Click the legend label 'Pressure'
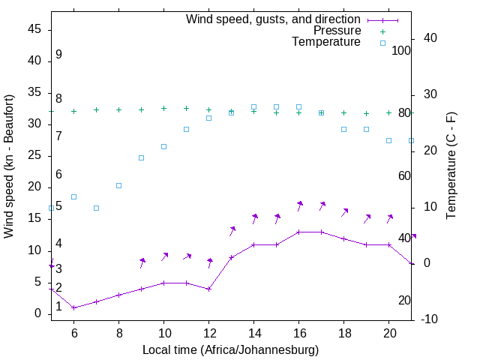point(337,31)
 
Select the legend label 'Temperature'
point(326,42)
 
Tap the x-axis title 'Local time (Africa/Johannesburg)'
point(231,349)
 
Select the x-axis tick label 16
point(298,332)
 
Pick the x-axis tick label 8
point(118,332)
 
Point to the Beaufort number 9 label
point(58,55)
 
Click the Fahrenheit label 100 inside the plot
point(402,51)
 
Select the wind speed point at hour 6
point(73,307)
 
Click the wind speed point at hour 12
point(209,289)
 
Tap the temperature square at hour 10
point(163,146)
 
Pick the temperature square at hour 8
point(118,185)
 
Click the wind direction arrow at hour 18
point(345,212)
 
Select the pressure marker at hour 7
point(96,109)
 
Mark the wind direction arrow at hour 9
point(142,262)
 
